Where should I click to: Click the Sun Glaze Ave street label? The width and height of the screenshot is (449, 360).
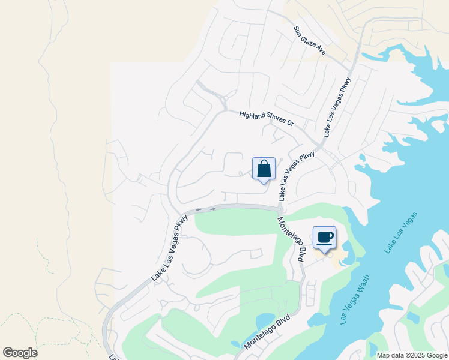pos(310,41)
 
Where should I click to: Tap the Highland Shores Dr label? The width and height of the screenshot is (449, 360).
pos(266,118)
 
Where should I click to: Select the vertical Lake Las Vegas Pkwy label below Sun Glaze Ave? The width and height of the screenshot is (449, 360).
pos(337,107)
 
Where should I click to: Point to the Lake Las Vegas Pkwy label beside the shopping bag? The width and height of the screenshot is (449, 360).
pos(297,176)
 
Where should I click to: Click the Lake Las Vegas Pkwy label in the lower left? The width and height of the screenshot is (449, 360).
pos(170,248)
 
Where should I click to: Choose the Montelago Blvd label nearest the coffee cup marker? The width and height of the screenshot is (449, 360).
pos(289,239)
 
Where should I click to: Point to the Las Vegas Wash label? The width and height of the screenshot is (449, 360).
pos(354,299)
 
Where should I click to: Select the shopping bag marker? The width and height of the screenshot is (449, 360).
pos(264,169)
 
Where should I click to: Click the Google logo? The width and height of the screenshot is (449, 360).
pos(20,353)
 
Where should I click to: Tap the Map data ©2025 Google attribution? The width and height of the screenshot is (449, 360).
pos(411,355)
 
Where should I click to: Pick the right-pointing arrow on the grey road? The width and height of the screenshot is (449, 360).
pos(212,209)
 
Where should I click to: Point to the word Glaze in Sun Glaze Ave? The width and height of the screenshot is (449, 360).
pos(310,41)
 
